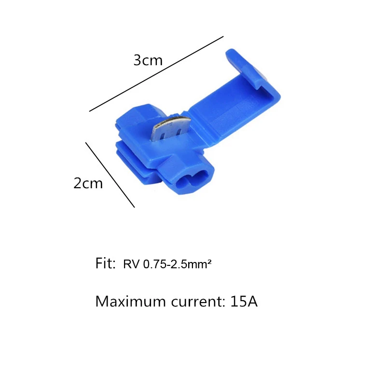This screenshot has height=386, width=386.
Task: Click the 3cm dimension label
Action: pos(148,60)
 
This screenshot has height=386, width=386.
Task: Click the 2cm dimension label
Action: pos(88,183)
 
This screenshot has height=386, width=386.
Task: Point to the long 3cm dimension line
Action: pos(156,74)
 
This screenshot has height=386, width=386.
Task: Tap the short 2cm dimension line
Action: pos(110,175)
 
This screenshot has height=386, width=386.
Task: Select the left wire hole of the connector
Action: pos(182,183)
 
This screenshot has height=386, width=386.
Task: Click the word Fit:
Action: pos(105,263)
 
